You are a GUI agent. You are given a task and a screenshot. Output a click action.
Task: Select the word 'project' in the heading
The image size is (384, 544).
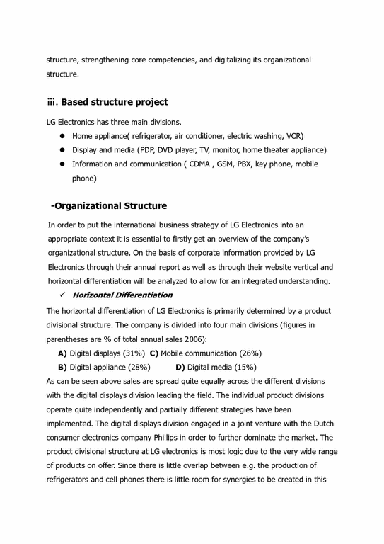[147, 102]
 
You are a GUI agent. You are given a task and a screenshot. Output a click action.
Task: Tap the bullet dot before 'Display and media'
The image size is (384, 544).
[62, 150]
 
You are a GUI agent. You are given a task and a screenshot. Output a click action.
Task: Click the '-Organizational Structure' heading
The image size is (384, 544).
[109, 206]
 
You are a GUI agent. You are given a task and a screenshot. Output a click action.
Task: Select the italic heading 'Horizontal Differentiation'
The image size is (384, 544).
[122, 295]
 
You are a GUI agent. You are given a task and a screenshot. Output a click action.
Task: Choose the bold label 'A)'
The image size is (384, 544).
[62, 353]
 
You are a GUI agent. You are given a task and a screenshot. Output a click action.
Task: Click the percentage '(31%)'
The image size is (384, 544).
[133, 353]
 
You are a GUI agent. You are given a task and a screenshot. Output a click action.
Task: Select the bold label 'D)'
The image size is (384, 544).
[180, 368]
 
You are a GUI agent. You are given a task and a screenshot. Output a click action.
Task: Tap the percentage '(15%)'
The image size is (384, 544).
[244, 368]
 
